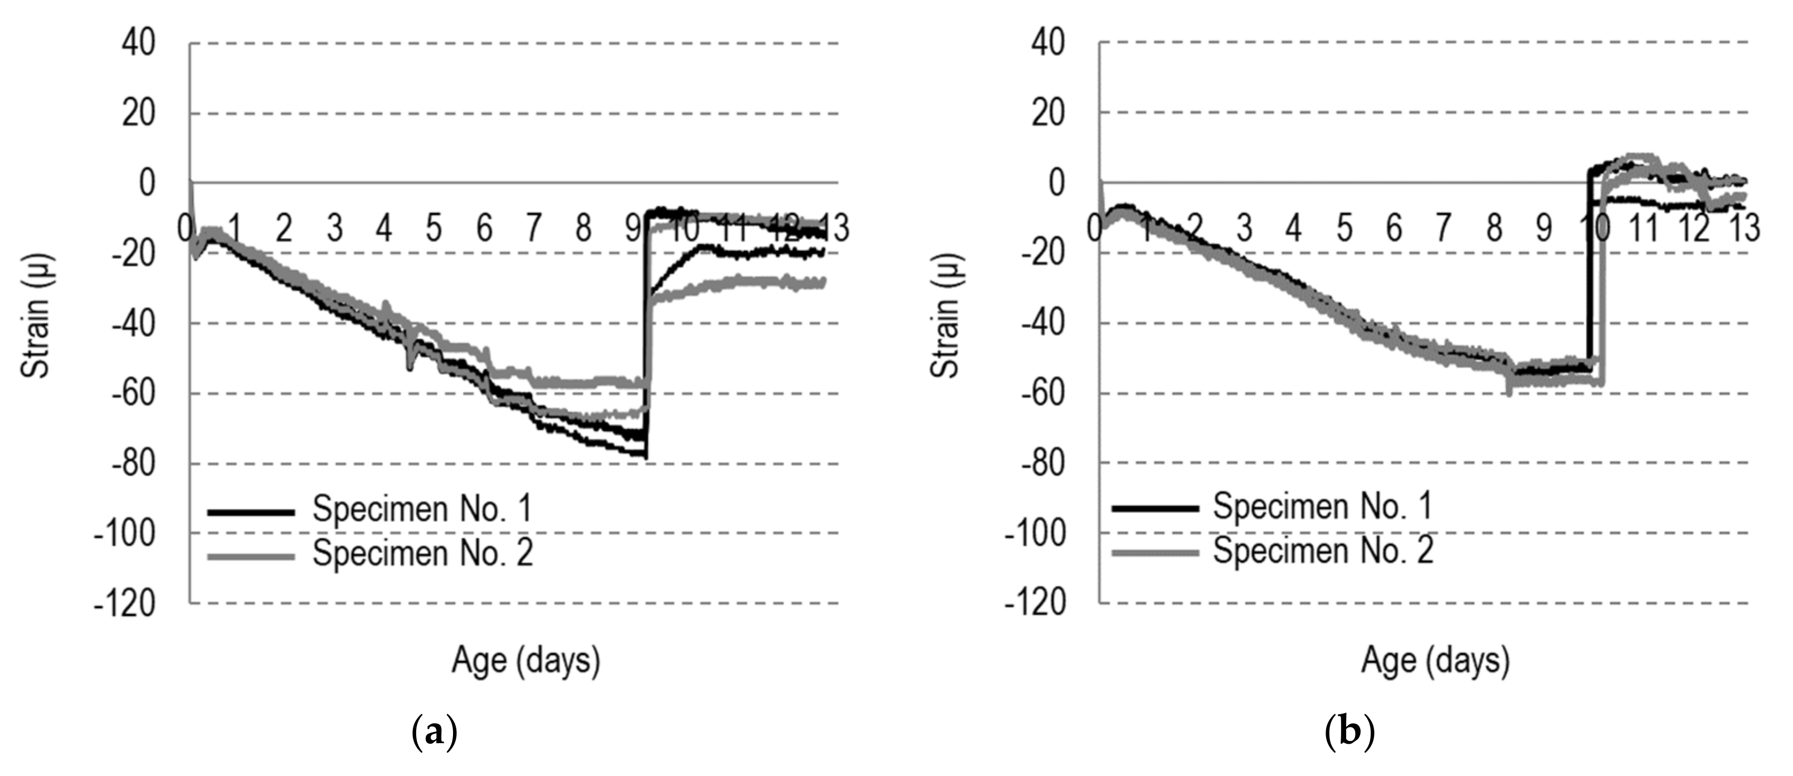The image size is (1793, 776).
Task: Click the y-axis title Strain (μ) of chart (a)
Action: (x=36, y=316)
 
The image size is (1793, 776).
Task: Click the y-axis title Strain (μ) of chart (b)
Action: (x=946, y=316)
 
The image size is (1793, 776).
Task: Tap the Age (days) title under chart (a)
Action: (x=525, y=660)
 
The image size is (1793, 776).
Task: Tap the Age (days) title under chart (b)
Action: (x=1435, y=660)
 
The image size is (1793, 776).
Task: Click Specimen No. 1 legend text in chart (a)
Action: (x=422, y=509)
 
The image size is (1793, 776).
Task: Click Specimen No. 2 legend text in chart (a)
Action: (x=422, y=553)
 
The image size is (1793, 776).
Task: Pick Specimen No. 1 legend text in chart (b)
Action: (x=1323, y=506)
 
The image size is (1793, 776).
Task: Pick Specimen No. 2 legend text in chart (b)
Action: (x=1323, y=550)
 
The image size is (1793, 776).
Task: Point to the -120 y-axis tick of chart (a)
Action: (x=125, y=603)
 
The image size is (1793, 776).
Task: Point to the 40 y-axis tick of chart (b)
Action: (x=1048, y=43)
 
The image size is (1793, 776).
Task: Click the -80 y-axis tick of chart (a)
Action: (x=134, y=463)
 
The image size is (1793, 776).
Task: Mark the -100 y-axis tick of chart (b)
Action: (x=1035, y=534)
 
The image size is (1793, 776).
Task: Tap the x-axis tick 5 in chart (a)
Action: (x=433, y=228)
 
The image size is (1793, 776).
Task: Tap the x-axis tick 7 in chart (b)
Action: (x=1443, y=228)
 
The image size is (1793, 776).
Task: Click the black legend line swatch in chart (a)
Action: (x=251, y=513)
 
